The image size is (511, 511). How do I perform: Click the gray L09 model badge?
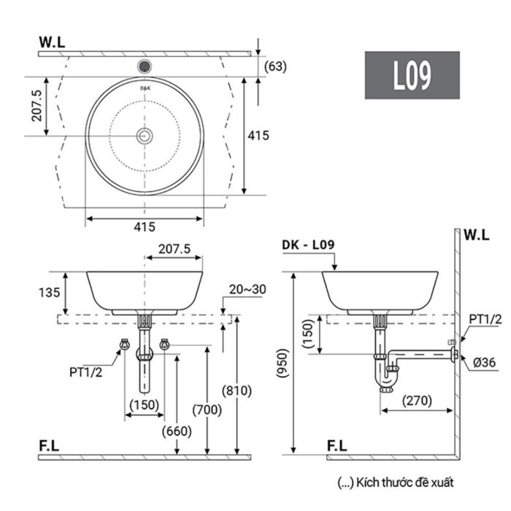coord(412,75)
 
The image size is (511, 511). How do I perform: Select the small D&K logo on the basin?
coord(145,86)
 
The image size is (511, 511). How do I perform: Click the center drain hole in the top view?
coord(145,135)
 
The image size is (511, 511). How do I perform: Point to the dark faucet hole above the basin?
coord(145,64)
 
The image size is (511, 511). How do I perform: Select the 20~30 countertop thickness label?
coord(247,289)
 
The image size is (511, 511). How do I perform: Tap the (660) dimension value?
coord(177,431)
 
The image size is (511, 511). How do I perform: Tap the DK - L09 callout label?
coord(307,246)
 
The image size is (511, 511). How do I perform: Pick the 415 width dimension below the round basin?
coord(144,226)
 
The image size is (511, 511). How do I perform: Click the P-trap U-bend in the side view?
coord(390,380)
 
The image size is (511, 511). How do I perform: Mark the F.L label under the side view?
coord(337,445)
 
